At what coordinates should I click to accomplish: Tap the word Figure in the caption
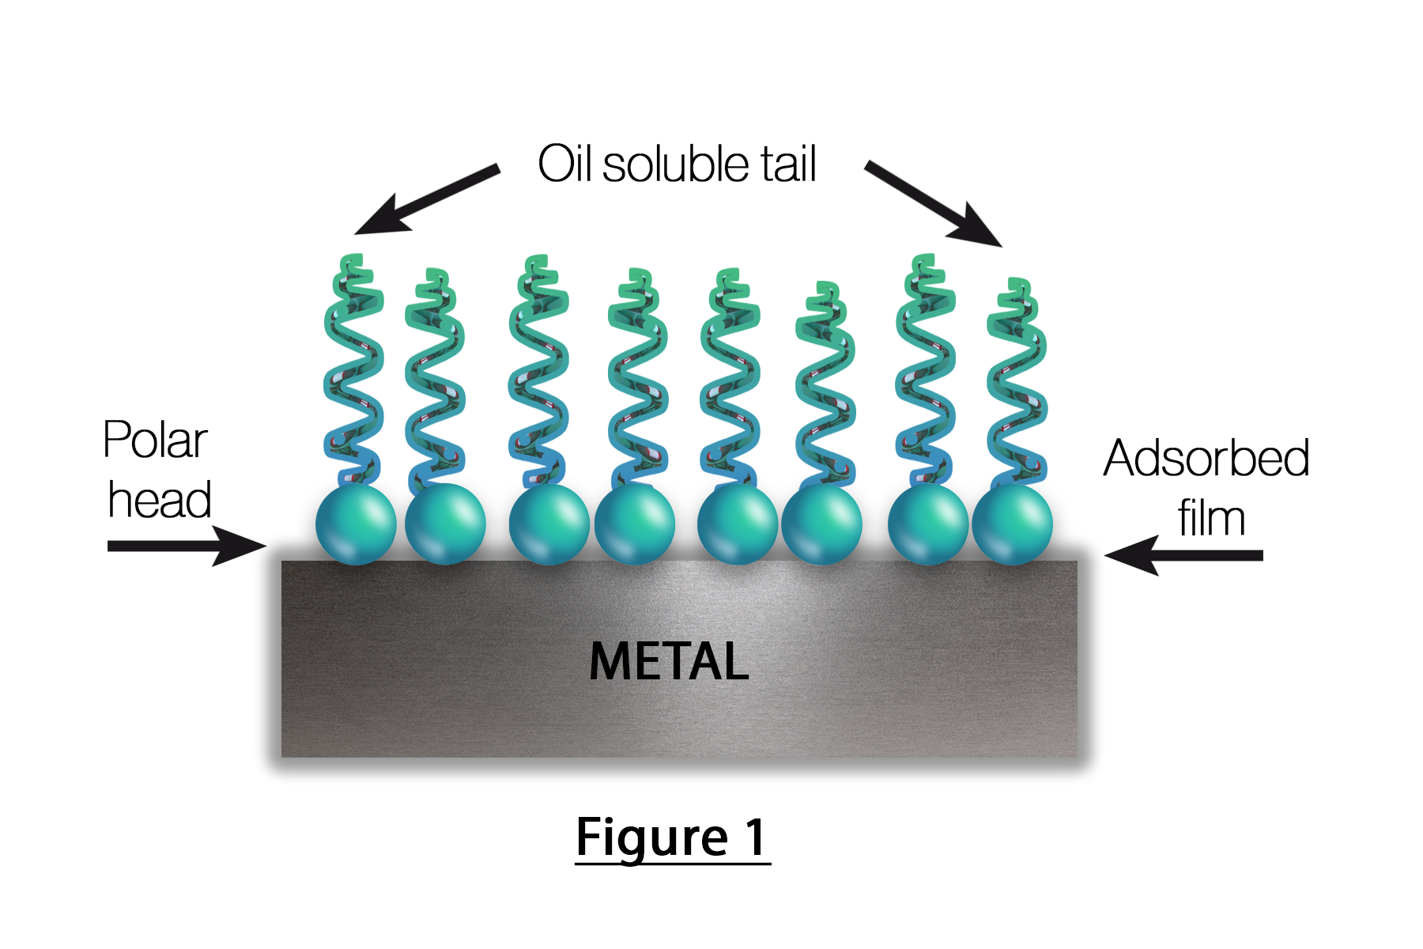651,837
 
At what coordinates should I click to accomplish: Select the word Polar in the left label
155,440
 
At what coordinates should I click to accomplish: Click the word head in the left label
159,500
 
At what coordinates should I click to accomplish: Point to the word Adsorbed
1206,458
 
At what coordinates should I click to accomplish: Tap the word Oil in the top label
565,164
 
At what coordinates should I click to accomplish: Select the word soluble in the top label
676,164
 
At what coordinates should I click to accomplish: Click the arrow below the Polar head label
187,546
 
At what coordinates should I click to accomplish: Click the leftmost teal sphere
356,524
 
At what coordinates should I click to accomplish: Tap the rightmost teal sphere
1012,524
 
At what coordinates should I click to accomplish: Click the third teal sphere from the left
549,524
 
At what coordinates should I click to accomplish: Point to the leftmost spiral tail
353,372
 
